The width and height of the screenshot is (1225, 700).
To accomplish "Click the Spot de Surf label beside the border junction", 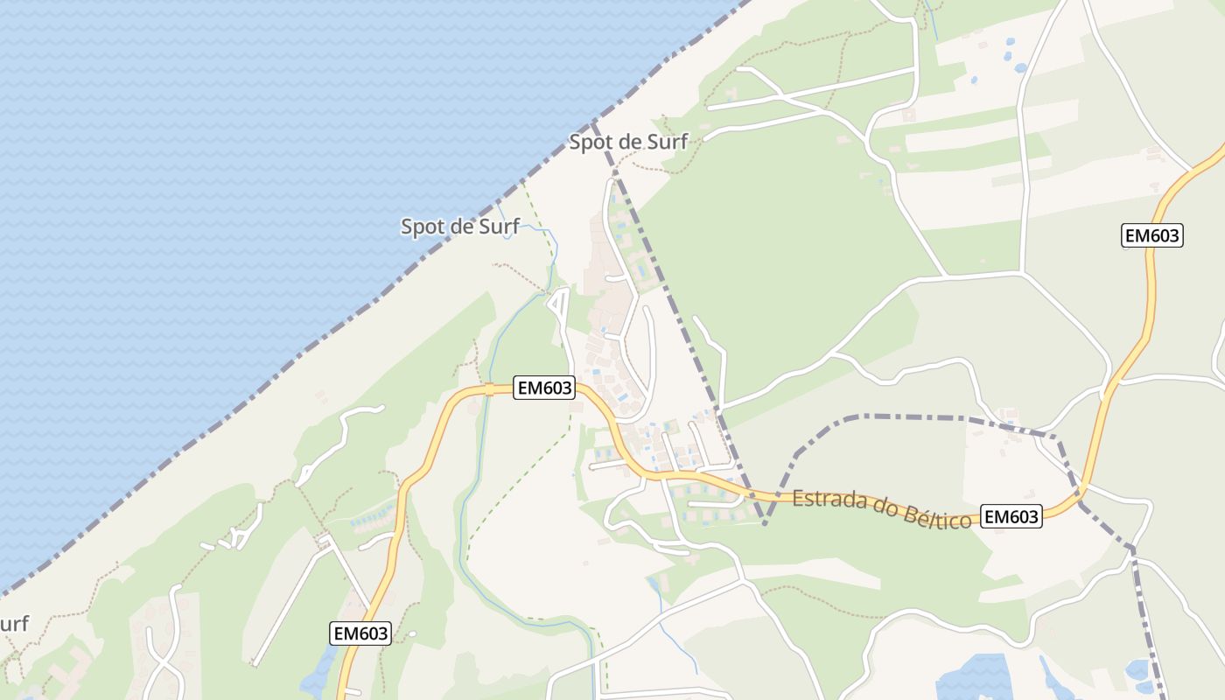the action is [628, 142].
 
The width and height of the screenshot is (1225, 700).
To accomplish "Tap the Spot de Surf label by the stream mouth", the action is [460, 227].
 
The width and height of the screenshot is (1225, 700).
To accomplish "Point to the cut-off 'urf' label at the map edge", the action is [14, 625].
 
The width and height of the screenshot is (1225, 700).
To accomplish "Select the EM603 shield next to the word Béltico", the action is [1011, 517].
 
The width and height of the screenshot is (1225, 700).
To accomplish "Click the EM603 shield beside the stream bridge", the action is [543, 388].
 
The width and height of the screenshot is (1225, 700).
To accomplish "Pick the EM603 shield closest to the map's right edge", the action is [1151, 234].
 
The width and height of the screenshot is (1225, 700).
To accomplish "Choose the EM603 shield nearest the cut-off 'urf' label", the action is [360, 633].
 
